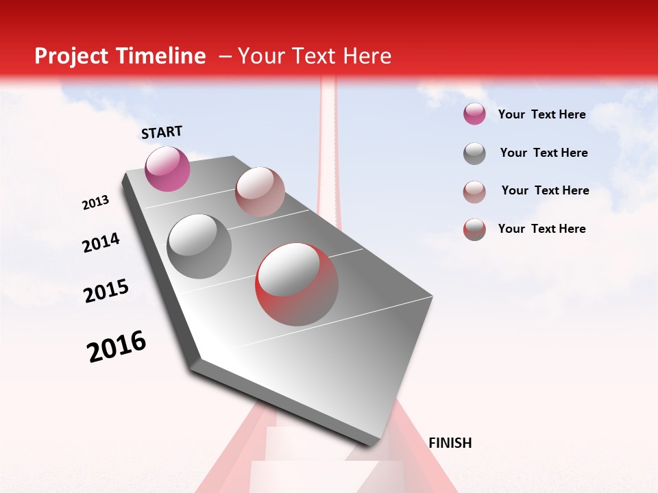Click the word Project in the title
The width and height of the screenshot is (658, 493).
(68, 56)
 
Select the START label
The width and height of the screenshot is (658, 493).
(162, 132)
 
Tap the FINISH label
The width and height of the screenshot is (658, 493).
(450, 443)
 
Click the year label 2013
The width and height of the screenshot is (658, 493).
(95, 203)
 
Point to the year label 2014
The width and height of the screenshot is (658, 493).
(101, 242)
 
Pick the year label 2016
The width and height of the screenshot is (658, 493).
(117, 346)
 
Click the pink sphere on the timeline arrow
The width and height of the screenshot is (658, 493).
(167, 168)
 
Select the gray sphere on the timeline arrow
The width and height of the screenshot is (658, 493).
(199, 246)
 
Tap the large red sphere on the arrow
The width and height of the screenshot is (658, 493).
(297, 283)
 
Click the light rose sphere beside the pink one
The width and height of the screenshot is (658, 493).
(260, 191)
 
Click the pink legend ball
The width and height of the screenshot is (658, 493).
(474, 114)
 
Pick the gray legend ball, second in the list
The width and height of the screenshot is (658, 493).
(474, 153)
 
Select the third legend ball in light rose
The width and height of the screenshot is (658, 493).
(474, 192)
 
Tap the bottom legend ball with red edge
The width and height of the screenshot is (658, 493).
(474, 229)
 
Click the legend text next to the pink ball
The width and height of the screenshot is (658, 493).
(541, 114)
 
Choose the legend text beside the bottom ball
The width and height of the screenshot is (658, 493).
(541, 229)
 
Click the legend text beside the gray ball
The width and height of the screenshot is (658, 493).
(544, 153)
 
